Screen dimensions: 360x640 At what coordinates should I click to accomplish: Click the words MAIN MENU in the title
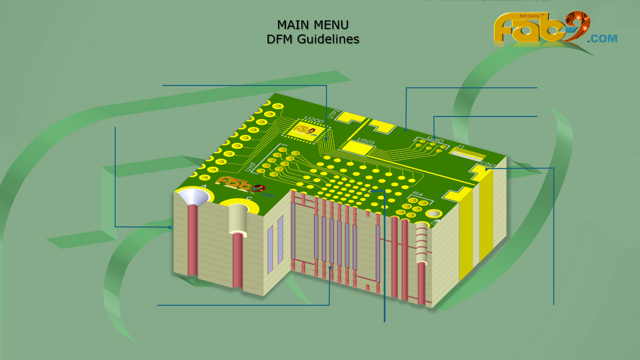pos(312,25)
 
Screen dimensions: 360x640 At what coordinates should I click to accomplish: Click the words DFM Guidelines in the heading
pos(312,39)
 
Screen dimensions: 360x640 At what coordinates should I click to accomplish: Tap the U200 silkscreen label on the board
pos(314,120)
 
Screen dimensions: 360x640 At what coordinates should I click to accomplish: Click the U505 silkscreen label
pos(366,141)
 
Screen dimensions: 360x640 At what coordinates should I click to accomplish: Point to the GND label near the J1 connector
pos(435,139)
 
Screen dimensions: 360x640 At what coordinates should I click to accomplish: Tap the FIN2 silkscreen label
pos(488,164)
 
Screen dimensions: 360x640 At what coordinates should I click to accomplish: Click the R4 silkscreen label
pos(417,194)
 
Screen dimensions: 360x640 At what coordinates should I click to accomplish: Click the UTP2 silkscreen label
pos(334,114)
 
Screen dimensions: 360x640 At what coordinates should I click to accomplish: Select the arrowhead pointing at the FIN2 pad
pos(487,169)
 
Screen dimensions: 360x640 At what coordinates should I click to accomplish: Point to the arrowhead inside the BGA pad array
pos(373,191)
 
